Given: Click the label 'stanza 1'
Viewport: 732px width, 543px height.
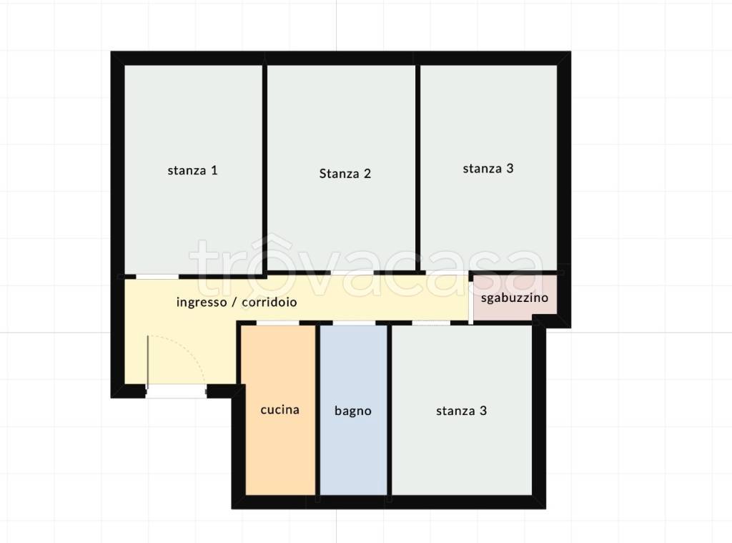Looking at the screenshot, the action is [192, 170].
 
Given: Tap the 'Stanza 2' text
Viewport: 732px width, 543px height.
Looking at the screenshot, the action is [345, 174].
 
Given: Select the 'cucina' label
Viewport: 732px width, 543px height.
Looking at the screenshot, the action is [280, 410].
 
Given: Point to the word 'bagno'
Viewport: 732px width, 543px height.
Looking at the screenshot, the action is [353, 411].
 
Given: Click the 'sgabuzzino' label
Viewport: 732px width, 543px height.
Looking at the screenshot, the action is [515, 298].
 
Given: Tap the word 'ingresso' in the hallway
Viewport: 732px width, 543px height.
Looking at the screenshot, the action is [202, 303].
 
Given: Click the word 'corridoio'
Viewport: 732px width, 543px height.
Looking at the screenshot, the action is [269, 303].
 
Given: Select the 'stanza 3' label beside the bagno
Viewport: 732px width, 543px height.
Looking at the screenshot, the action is [461, 411].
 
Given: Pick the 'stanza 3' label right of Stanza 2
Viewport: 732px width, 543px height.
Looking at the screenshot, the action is [488, 169].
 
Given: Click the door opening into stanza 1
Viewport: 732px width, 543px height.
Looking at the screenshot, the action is [157, 277].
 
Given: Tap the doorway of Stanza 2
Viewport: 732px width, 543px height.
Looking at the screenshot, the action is [352, 273].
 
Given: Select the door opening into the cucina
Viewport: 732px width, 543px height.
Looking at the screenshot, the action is [278, 323].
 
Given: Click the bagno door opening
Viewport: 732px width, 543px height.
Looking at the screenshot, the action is [354, 323].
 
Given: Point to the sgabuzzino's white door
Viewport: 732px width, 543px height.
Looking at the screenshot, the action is [471, 299].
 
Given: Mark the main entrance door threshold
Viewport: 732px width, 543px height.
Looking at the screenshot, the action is [176, 391].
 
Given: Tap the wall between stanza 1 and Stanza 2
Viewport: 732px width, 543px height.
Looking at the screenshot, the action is [264, 168].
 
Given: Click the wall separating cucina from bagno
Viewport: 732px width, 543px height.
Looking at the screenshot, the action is [317, 410].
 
